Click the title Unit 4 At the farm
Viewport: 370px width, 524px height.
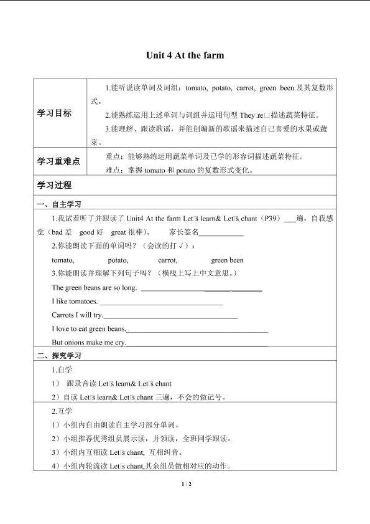tap(185, 55)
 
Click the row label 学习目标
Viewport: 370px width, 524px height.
tap(55, 113)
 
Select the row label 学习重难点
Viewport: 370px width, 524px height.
tap(58, 161)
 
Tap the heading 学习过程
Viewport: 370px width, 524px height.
tap(55, 185)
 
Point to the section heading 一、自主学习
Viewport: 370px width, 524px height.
tap(59, 204)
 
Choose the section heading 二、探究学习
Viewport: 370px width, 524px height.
tap(59, 356)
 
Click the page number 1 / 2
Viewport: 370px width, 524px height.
tap(185, 484)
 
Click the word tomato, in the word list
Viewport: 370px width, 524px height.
tap(63, 260)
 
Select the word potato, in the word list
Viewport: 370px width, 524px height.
tap(118, 260)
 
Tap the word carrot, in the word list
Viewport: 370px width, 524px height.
tap(168, 260)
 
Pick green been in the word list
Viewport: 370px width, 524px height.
tap(227, 260)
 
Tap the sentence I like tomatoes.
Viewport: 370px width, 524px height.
tap(75, 301)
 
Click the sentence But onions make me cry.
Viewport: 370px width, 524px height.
tap(89, 342)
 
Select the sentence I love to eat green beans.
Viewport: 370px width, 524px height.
tap(89, 328)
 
